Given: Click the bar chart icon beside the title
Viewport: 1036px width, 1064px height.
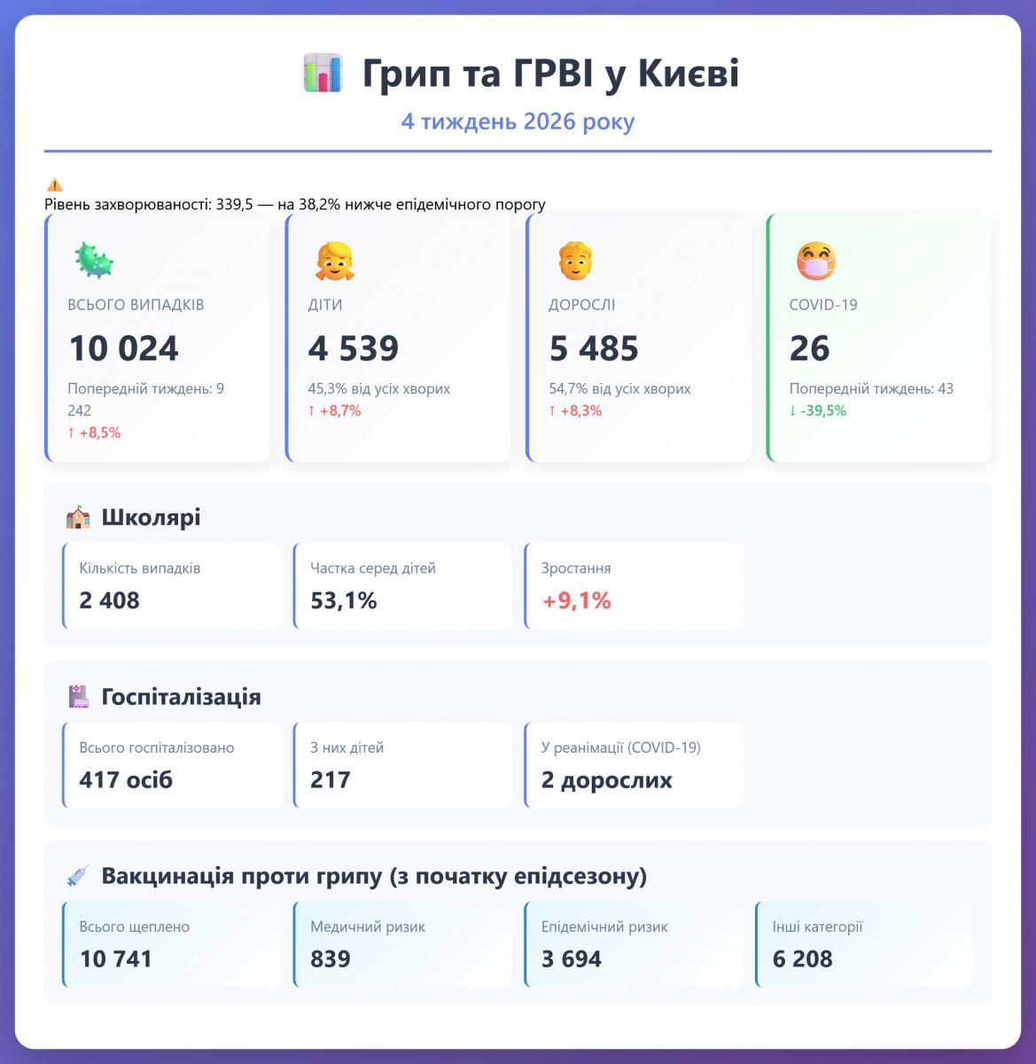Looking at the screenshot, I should coord(323,73).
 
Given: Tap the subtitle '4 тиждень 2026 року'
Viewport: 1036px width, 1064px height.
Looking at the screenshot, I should coord(518,121).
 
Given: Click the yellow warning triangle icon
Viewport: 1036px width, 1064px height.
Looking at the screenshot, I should coord(55,185).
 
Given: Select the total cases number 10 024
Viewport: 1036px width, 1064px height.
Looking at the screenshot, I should coord(124,348).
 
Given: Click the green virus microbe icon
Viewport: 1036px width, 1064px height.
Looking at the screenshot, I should coord(93,261).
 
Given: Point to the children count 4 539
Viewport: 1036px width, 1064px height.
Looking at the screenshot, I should coord(354,348).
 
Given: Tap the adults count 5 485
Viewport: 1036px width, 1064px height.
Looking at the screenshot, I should coord(594,348).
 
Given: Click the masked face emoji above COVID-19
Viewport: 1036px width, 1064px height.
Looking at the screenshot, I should coord(815,261).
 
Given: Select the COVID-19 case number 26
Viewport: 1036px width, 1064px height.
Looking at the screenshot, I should coord(809,348).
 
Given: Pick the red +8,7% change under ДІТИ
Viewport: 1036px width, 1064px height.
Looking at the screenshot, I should coord(335,411).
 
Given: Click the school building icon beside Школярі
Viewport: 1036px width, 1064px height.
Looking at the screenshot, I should coord(78,518).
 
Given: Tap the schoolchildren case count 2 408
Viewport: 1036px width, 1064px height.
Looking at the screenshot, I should coord(110,600).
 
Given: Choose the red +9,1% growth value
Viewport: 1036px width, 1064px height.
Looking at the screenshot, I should coord(577,600).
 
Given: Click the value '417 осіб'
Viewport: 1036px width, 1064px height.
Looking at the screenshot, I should coord(126,780).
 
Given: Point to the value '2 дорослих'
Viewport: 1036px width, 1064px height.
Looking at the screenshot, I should coord(607,780).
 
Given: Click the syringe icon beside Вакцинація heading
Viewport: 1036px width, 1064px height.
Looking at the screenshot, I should coord(78,876).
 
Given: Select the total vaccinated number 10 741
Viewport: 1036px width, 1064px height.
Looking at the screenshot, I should coord(116,959).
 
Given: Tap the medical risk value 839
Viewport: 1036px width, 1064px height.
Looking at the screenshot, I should coord(331,959).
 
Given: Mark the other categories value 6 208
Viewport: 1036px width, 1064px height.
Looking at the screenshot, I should coord(803,959).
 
